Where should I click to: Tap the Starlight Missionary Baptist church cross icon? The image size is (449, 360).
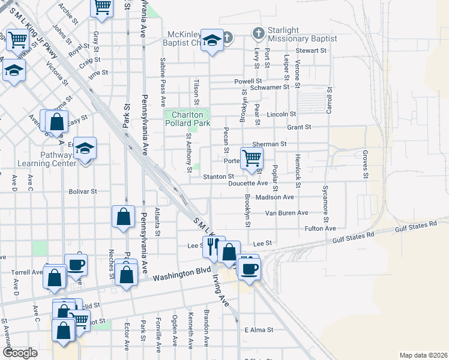pos(258,33)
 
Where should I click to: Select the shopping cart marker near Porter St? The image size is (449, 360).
pos(252,158)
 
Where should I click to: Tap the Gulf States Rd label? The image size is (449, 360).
pos(416,226)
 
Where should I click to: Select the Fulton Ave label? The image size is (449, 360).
pos(321,229)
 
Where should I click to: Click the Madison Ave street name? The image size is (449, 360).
pos(274,197)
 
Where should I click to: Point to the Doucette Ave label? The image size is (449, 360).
pos(248,183)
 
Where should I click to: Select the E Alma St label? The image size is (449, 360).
pos(259,330)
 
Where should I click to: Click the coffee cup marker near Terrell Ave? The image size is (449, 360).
pos(76,265)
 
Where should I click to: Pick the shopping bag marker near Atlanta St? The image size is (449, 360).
pos(123,217)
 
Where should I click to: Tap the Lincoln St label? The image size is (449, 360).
pos(282,114)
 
